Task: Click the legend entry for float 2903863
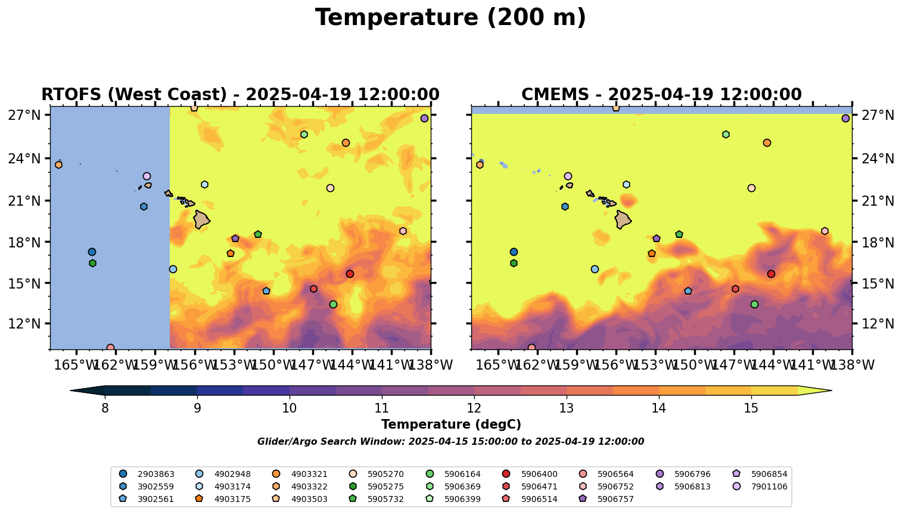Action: pyautogui.click(x=155, y=475)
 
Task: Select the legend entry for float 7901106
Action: pyautogui.click(x=769, y=486)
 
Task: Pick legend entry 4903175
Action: pyautogui.click(x=309, y=486)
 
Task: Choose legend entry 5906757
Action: pyautogui.click(x=615, y=499)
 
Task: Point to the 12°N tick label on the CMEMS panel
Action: pyautogui.click(x=878, y=324)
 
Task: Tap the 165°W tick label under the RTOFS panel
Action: pyautogui.click(x=76, y=365)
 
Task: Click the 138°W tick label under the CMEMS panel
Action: pyautogui.click(x=852, y=365)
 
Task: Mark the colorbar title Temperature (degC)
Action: pyautogui.click(x=451, y=424)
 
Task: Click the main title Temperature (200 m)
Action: pyautogui.click(x=450, y=18)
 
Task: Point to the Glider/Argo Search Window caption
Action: pyautogui.click(x=450, y=442)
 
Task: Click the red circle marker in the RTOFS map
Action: pyautogui.click(x=350, y=274)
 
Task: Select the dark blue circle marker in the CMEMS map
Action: pyautogui.click(x=514, y=252)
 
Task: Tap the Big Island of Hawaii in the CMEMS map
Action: pyautogui.click(x=623, y=219)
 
